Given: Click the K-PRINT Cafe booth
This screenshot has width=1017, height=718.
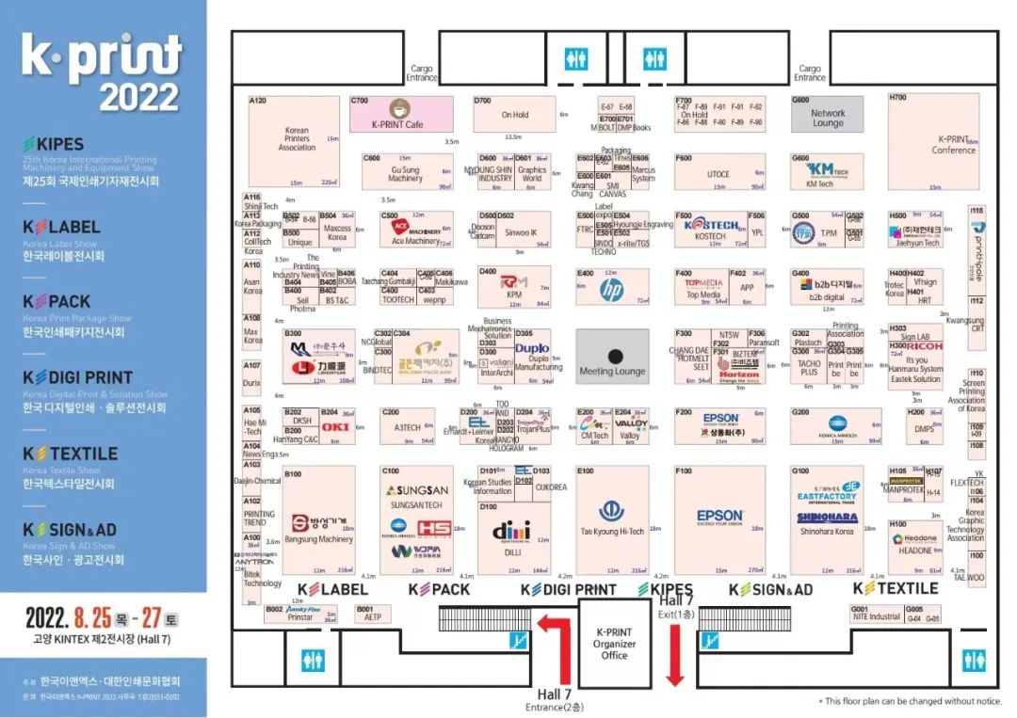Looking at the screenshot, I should point(399,114).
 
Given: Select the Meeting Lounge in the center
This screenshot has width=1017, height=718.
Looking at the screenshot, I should point(613,358).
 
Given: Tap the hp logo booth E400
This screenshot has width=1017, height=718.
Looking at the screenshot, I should point(612,290).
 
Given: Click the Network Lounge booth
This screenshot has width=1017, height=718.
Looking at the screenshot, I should point(828,114).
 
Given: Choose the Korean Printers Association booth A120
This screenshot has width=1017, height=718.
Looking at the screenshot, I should point(296,140).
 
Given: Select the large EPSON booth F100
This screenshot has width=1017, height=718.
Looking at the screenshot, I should point(720,519).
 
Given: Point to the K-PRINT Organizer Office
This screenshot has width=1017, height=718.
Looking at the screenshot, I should point(614,643).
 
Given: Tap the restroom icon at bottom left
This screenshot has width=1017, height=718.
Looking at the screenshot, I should point(313,661).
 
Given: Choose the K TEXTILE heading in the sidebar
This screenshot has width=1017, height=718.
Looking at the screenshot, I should point(71,454).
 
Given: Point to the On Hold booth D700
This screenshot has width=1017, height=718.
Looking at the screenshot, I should point(515,114).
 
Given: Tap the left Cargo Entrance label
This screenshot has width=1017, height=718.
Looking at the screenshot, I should point(422,73).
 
